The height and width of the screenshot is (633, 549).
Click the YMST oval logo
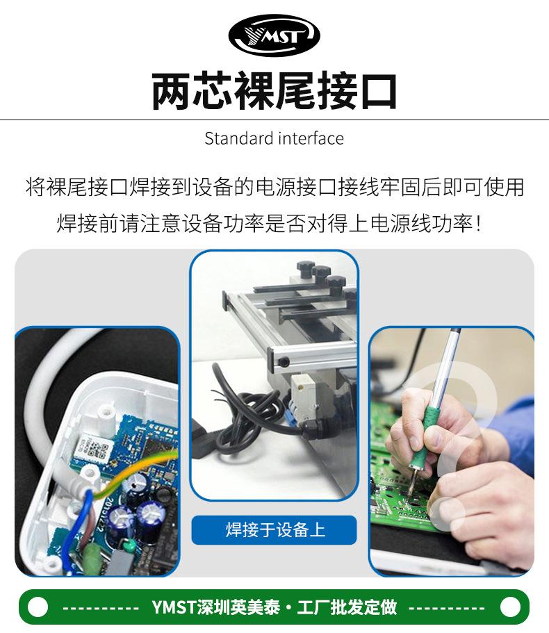click(274, 35)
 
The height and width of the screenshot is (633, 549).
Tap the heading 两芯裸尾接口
click(274, 91)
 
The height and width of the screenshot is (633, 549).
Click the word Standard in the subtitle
click(239, 138)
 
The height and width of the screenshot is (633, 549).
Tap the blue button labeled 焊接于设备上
click(274, 530)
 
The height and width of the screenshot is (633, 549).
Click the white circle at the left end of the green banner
click(38, 607)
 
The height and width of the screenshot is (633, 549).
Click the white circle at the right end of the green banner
click(510, 607)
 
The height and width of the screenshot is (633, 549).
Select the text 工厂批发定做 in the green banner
click(347, 607)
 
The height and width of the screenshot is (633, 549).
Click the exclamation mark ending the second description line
click(479, 224)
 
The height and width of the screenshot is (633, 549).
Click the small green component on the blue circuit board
click(129, 546)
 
